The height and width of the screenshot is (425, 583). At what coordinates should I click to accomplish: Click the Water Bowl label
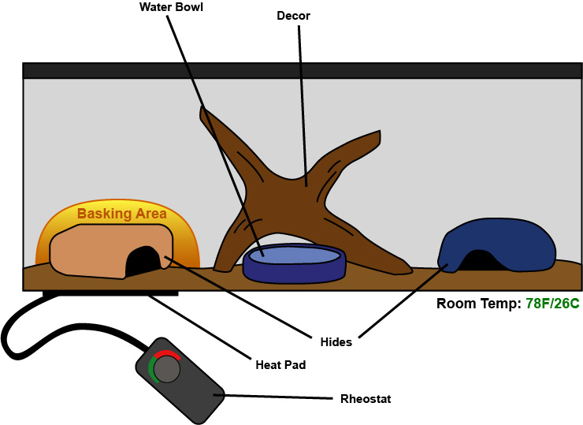coord(171,7)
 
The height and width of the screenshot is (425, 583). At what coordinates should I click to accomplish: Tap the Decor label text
coord(293,16)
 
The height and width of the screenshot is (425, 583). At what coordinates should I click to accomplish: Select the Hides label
coord(336,342)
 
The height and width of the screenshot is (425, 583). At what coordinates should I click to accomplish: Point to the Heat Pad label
coord(280,365)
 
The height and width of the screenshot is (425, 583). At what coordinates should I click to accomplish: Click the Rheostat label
coord(366,399)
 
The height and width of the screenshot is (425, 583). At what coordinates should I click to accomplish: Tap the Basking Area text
coord(122,214)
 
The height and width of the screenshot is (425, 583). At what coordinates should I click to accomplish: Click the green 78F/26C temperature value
coord(552,304)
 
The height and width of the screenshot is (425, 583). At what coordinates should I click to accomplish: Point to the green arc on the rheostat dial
coord(151,369)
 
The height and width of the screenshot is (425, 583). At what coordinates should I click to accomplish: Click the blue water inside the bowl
coord(294,256)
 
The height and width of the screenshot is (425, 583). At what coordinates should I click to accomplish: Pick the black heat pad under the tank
coord(110,293)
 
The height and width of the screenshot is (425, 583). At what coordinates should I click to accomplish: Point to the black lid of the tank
coord(303,71)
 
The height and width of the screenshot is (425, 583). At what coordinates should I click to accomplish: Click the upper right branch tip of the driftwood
coord(379,132)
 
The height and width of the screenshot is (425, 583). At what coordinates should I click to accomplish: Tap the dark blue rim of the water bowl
coord(294,274)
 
